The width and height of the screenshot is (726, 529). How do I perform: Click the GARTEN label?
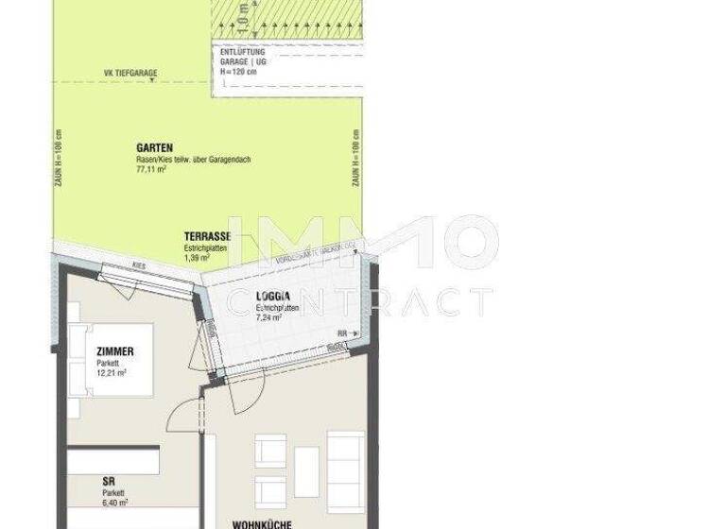pyautogui.click(x=154, y=148)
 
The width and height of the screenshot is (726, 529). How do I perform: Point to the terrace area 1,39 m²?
pyautogui.click(x=198, y=257)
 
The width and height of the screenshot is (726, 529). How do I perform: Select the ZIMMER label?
pyautogui.click(x=114, y=351)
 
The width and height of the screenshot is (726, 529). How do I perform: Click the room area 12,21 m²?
pyautogui.click(x=111, y=373)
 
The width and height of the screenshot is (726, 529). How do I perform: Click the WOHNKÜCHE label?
pyautogui.click(x=263, y=523)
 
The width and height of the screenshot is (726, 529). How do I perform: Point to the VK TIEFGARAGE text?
pyautogui.click(x=131, y=74)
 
